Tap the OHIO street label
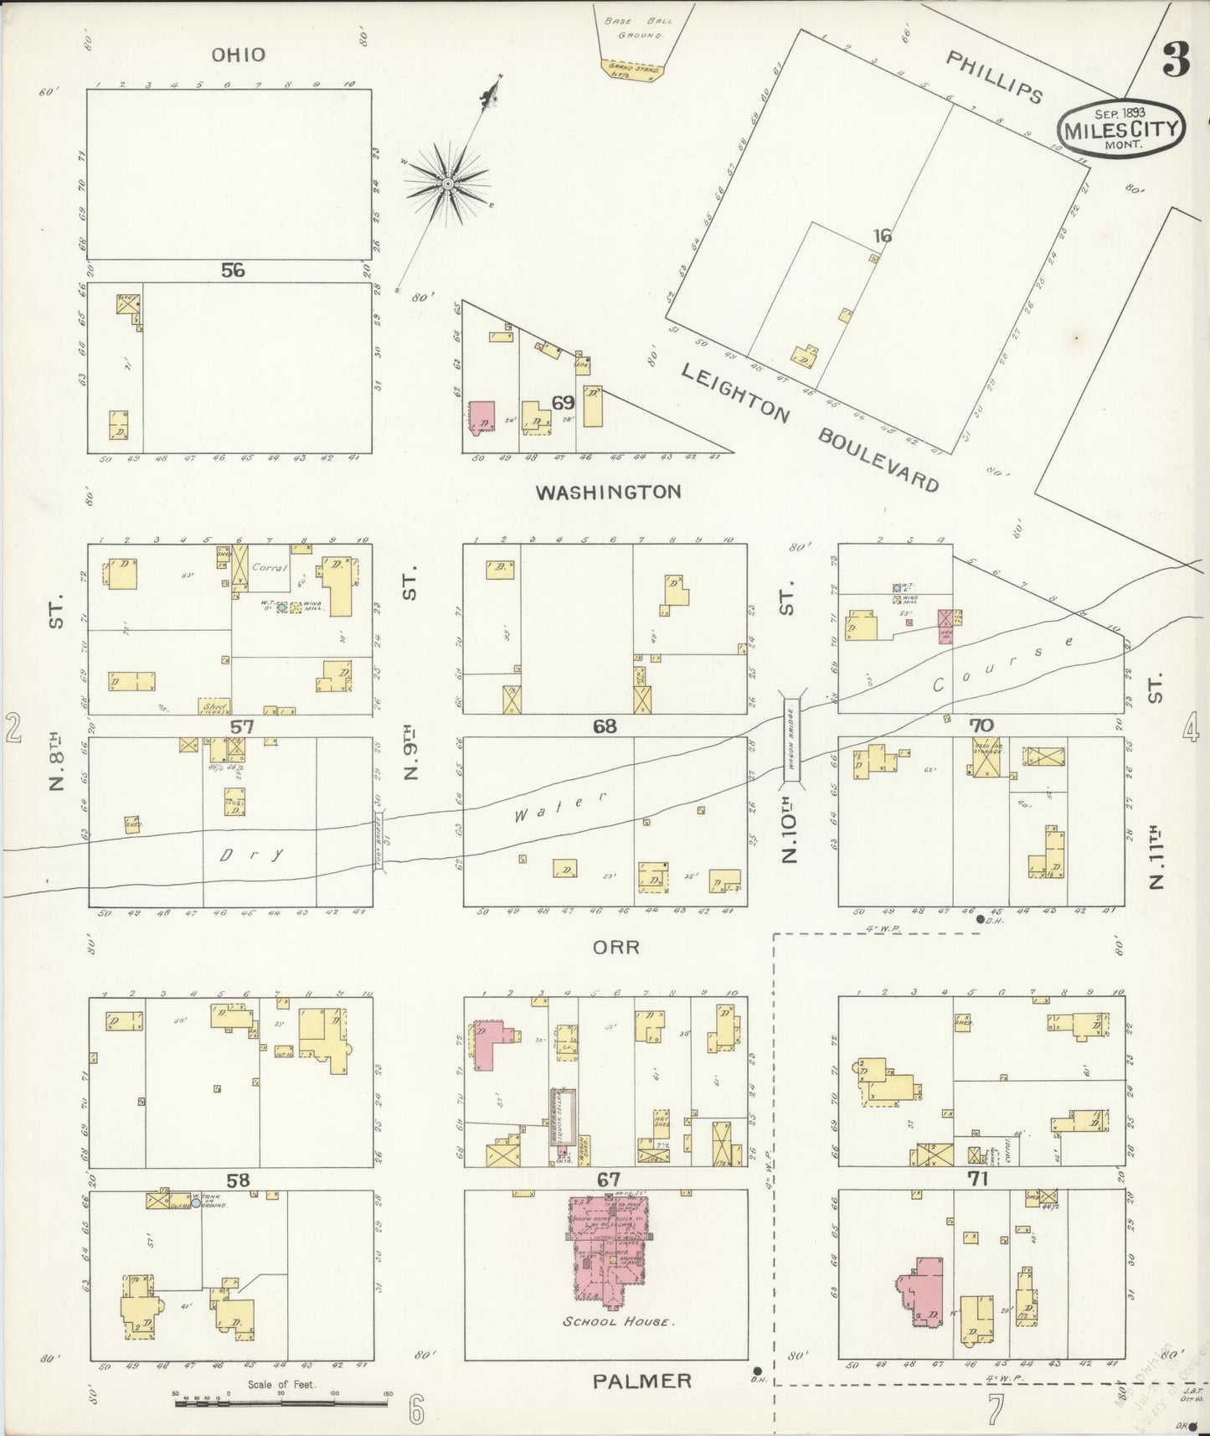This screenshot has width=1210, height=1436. [238, 55]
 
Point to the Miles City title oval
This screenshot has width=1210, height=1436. [1121, 128]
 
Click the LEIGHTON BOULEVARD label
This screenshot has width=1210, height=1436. [809, 427]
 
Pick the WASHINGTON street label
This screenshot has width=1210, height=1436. [608, 492]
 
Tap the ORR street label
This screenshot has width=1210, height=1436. [615, 948]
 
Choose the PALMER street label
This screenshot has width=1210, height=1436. [642, 1381]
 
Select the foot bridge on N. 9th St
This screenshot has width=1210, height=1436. [378, 842]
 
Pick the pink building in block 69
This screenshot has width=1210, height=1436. [481, 416]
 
